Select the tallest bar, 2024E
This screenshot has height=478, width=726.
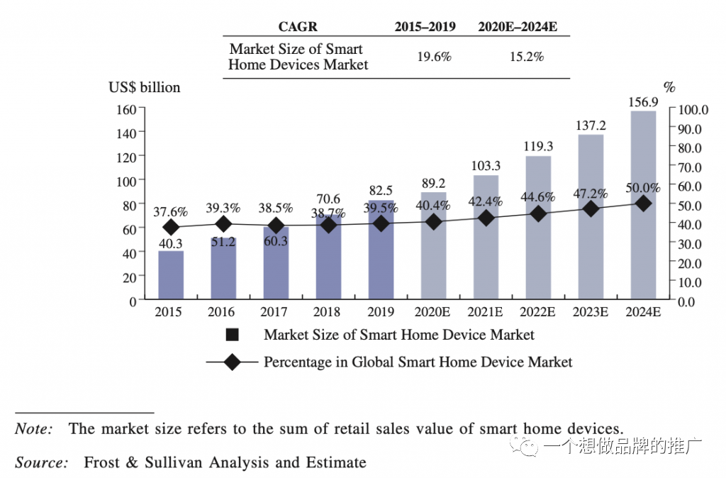click(x=643, y=206)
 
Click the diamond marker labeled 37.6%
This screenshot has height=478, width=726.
click(x=171, y=228)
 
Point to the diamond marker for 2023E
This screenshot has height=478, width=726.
click(x=591, y=209)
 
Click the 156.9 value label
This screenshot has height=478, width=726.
click(x=643, y=102)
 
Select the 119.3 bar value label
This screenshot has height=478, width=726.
click(x=538, y=147)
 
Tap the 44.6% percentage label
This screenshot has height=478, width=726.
click(x=538, y=196)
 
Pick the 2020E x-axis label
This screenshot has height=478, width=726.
click(x=433, y=312)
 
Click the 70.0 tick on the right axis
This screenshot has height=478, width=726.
click(x=689, y=167)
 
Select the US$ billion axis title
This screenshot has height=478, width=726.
click(x=144, y=87)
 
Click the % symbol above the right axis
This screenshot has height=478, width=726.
click(x=669, y=88)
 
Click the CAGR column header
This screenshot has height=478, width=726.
click(x=298, y=27)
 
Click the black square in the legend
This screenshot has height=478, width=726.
click(x=232, y=335)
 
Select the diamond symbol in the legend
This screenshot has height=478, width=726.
click(x=232, y=362)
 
